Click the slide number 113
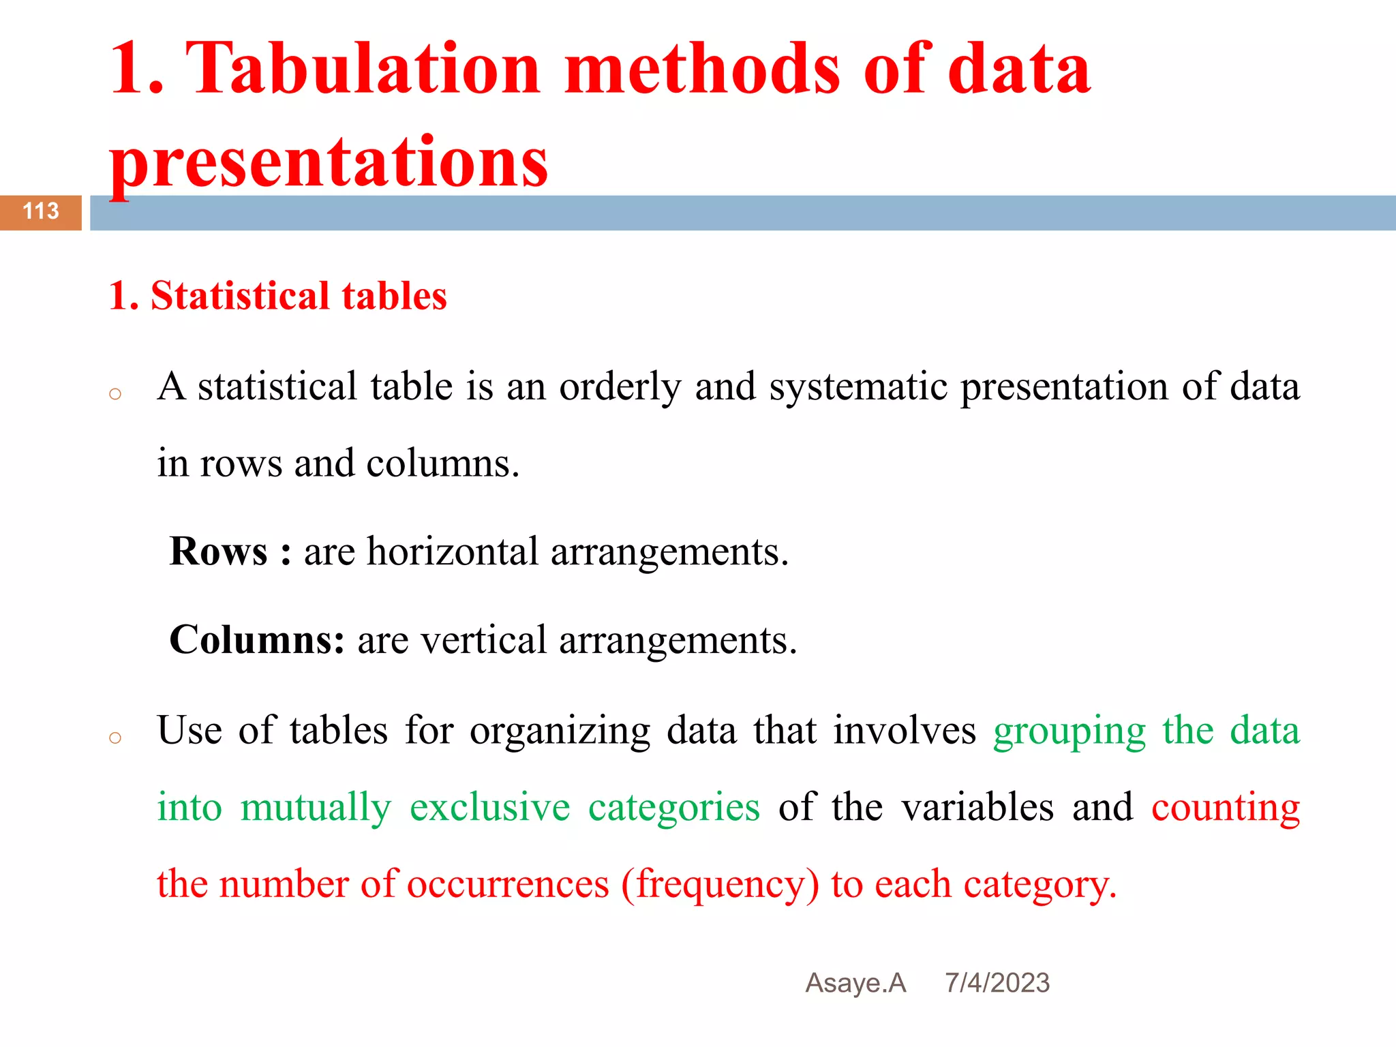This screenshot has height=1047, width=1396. click(x=41, y=211)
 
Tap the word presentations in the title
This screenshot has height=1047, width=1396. click(x=329, y=162)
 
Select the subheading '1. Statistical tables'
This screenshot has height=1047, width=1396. click(x=278, y=296)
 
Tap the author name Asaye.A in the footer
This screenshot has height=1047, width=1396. click(x=855, y=983)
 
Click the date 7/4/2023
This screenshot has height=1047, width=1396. click(x=997, y=983)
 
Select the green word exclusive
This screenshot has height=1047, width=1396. click(x=489, y=807)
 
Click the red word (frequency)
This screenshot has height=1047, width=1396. click(x=720, y=884)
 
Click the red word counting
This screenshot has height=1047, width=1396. click(x=1226, y=807)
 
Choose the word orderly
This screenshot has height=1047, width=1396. click(x=620, y=386)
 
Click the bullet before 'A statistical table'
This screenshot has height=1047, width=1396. click(x=115, y=394)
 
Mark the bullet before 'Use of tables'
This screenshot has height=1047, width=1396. click(x=115, y=738)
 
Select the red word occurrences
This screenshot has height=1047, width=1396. click(x=508, y=884)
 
